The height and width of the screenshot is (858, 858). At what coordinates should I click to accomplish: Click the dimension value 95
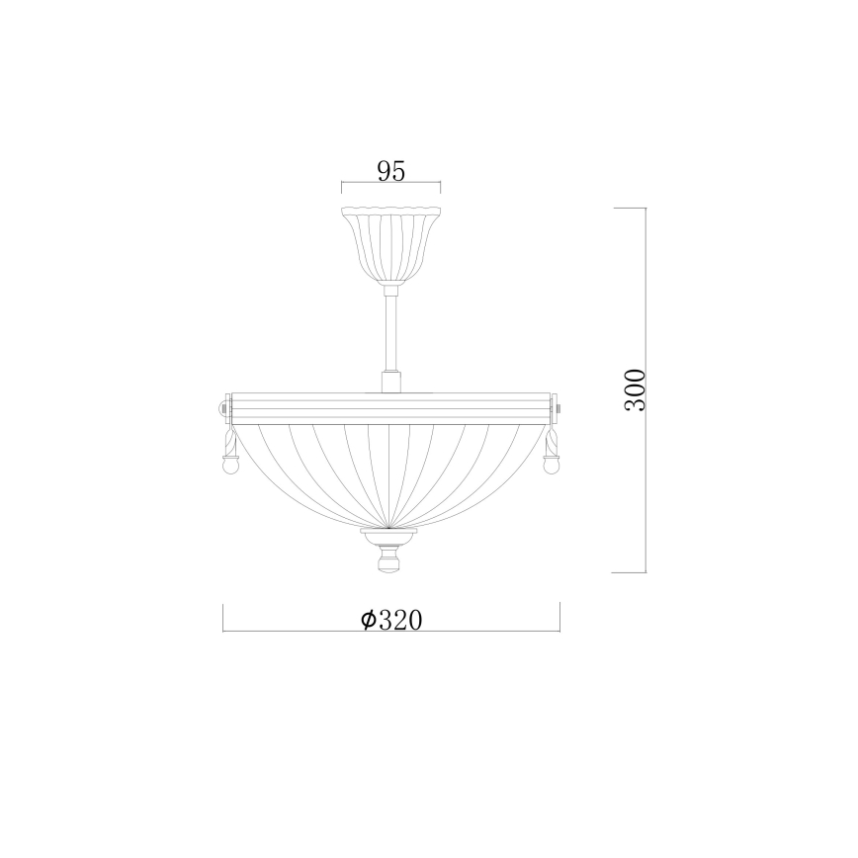point(390,172)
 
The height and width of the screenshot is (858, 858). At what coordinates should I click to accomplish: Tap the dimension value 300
point(636,390)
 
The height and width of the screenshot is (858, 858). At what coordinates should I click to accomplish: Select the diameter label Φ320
point(391,620)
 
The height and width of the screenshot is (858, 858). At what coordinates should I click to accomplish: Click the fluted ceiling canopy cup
point(390,244)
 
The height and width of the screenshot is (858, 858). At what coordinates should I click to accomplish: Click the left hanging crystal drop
point(228,452)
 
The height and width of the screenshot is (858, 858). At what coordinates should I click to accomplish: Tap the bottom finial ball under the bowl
point(389,562)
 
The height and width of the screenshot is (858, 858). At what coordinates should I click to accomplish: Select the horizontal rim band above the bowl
point(390,407)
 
